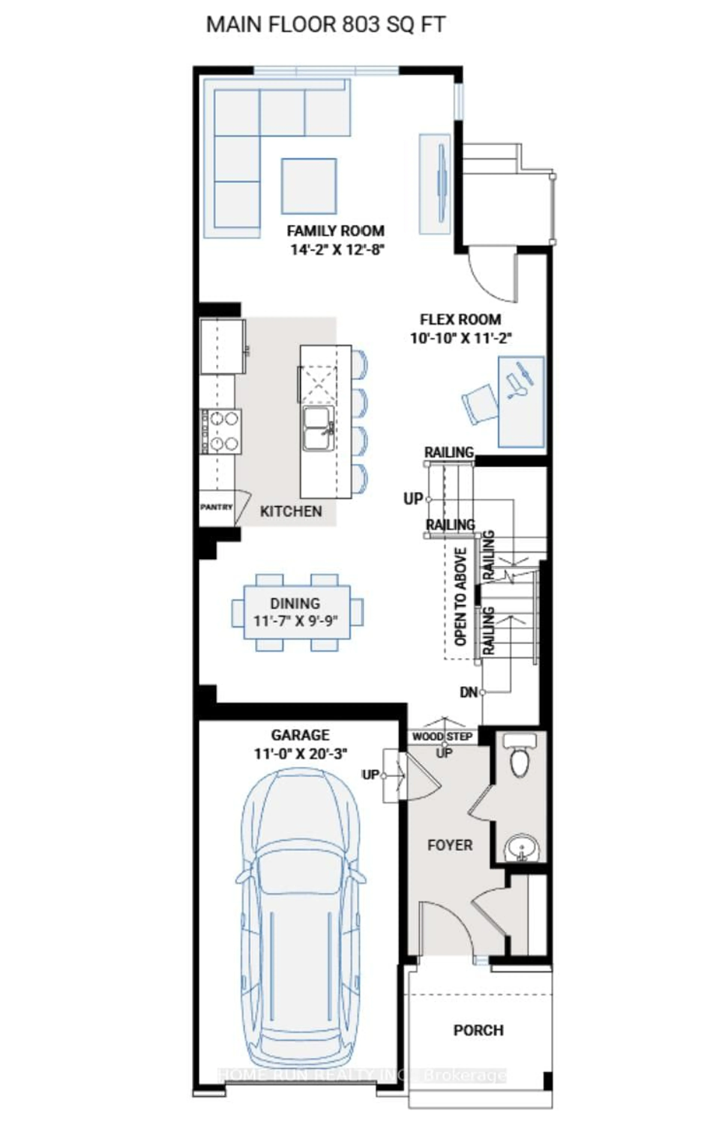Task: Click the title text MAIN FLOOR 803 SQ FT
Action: click(325, 24)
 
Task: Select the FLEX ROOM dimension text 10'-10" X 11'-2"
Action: click(460, 338)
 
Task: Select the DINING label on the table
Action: click(295, 603)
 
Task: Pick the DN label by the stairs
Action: click(468, 692)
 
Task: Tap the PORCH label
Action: click(478, 1030)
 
